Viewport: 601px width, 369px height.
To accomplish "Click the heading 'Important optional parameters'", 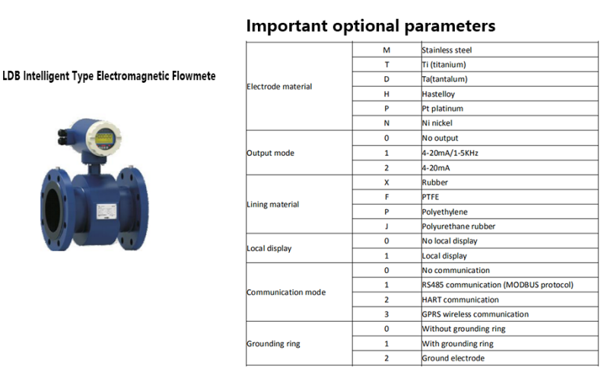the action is point(370,26).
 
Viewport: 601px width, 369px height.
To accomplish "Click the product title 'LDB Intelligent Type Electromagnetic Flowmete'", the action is point(109,76).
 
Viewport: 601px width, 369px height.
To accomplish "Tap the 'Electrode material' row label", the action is point(279,87).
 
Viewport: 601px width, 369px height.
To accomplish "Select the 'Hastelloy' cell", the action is point(438,94).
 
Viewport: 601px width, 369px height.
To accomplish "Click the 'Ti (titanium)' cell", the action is point(444,65).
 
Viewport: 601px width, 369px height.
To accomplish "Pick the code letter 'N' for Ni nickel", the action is point(386,123).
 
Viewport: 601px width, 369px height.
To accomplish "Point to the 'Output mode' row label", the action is point(270,153).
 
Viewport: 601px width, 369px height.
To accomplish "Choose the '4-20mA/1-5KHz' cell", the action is point(450,153).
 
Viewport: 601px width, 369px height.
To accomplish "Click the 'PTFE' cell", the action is point(431,197).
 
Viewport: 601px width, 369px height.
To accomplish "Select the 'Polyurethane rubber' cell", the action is point(459,227).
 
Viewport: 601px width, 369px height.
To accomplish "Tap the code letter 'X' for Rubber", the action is point(386,183).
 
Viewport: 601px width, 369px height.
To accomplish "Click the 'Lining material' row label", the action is point(272,204).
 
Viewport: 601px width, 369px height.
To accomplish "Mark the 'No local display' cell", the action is point(450,241).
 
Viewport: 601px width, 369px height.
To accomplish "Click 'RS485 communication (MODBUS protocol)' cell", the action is point(498,285).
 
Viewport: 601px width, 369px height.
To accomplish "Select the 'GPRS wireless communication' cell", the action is point(475,314).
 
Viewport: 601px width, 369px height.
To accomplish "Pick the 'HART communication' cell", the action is point(460,300).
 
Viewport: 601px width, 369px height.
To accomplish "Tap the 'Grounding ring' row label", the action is point(273,344).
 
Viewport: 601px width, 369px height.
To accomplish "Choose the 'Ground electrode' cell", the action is point(453,358).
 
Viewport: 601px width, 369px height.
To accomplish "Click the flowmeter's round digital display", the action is point(104,138).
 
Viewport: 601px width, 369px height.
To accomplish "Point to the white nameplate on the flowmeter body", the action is point(107,212).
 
